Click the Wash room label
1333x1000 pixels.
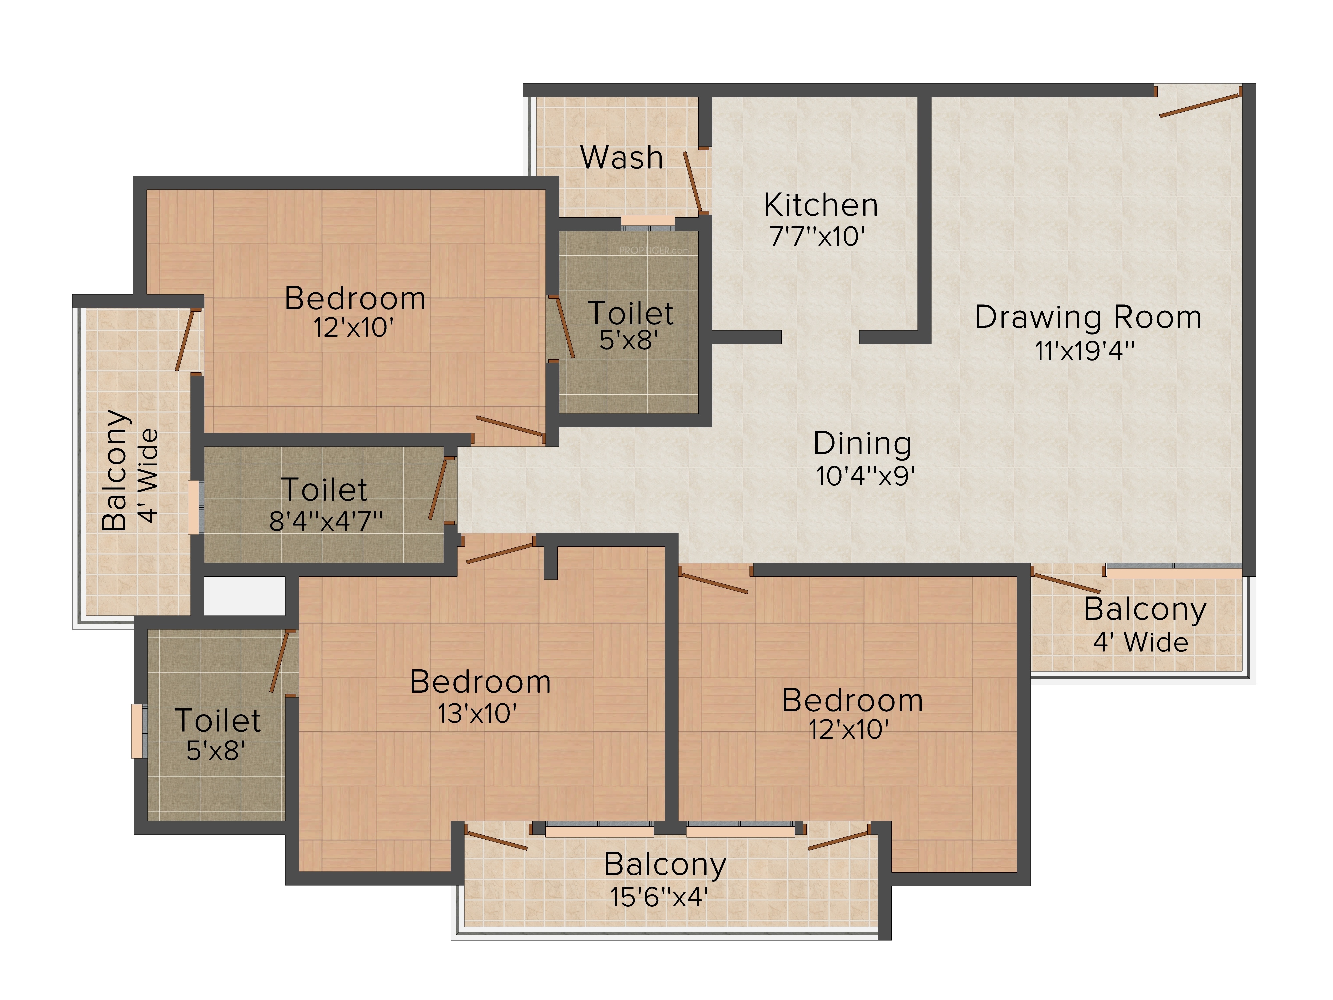coord(621,158)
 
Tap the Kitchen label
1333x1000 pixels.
coord(821,206)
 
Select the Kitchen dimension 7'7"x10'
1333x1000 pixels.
coord(818,236)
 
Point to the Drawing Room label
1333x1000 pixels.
coord(1088,318)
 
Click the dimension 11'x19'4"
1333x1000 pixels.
coord(1085,351)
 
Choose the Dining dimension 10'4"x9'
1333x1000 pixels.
coord(865,476)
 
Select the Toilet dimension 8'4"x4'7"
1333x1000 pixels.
coord(325,521)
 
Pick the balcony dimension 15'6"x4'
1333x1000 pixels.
coord(658,897)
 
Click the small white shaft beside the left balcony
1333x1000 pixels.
coord(244,596)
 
